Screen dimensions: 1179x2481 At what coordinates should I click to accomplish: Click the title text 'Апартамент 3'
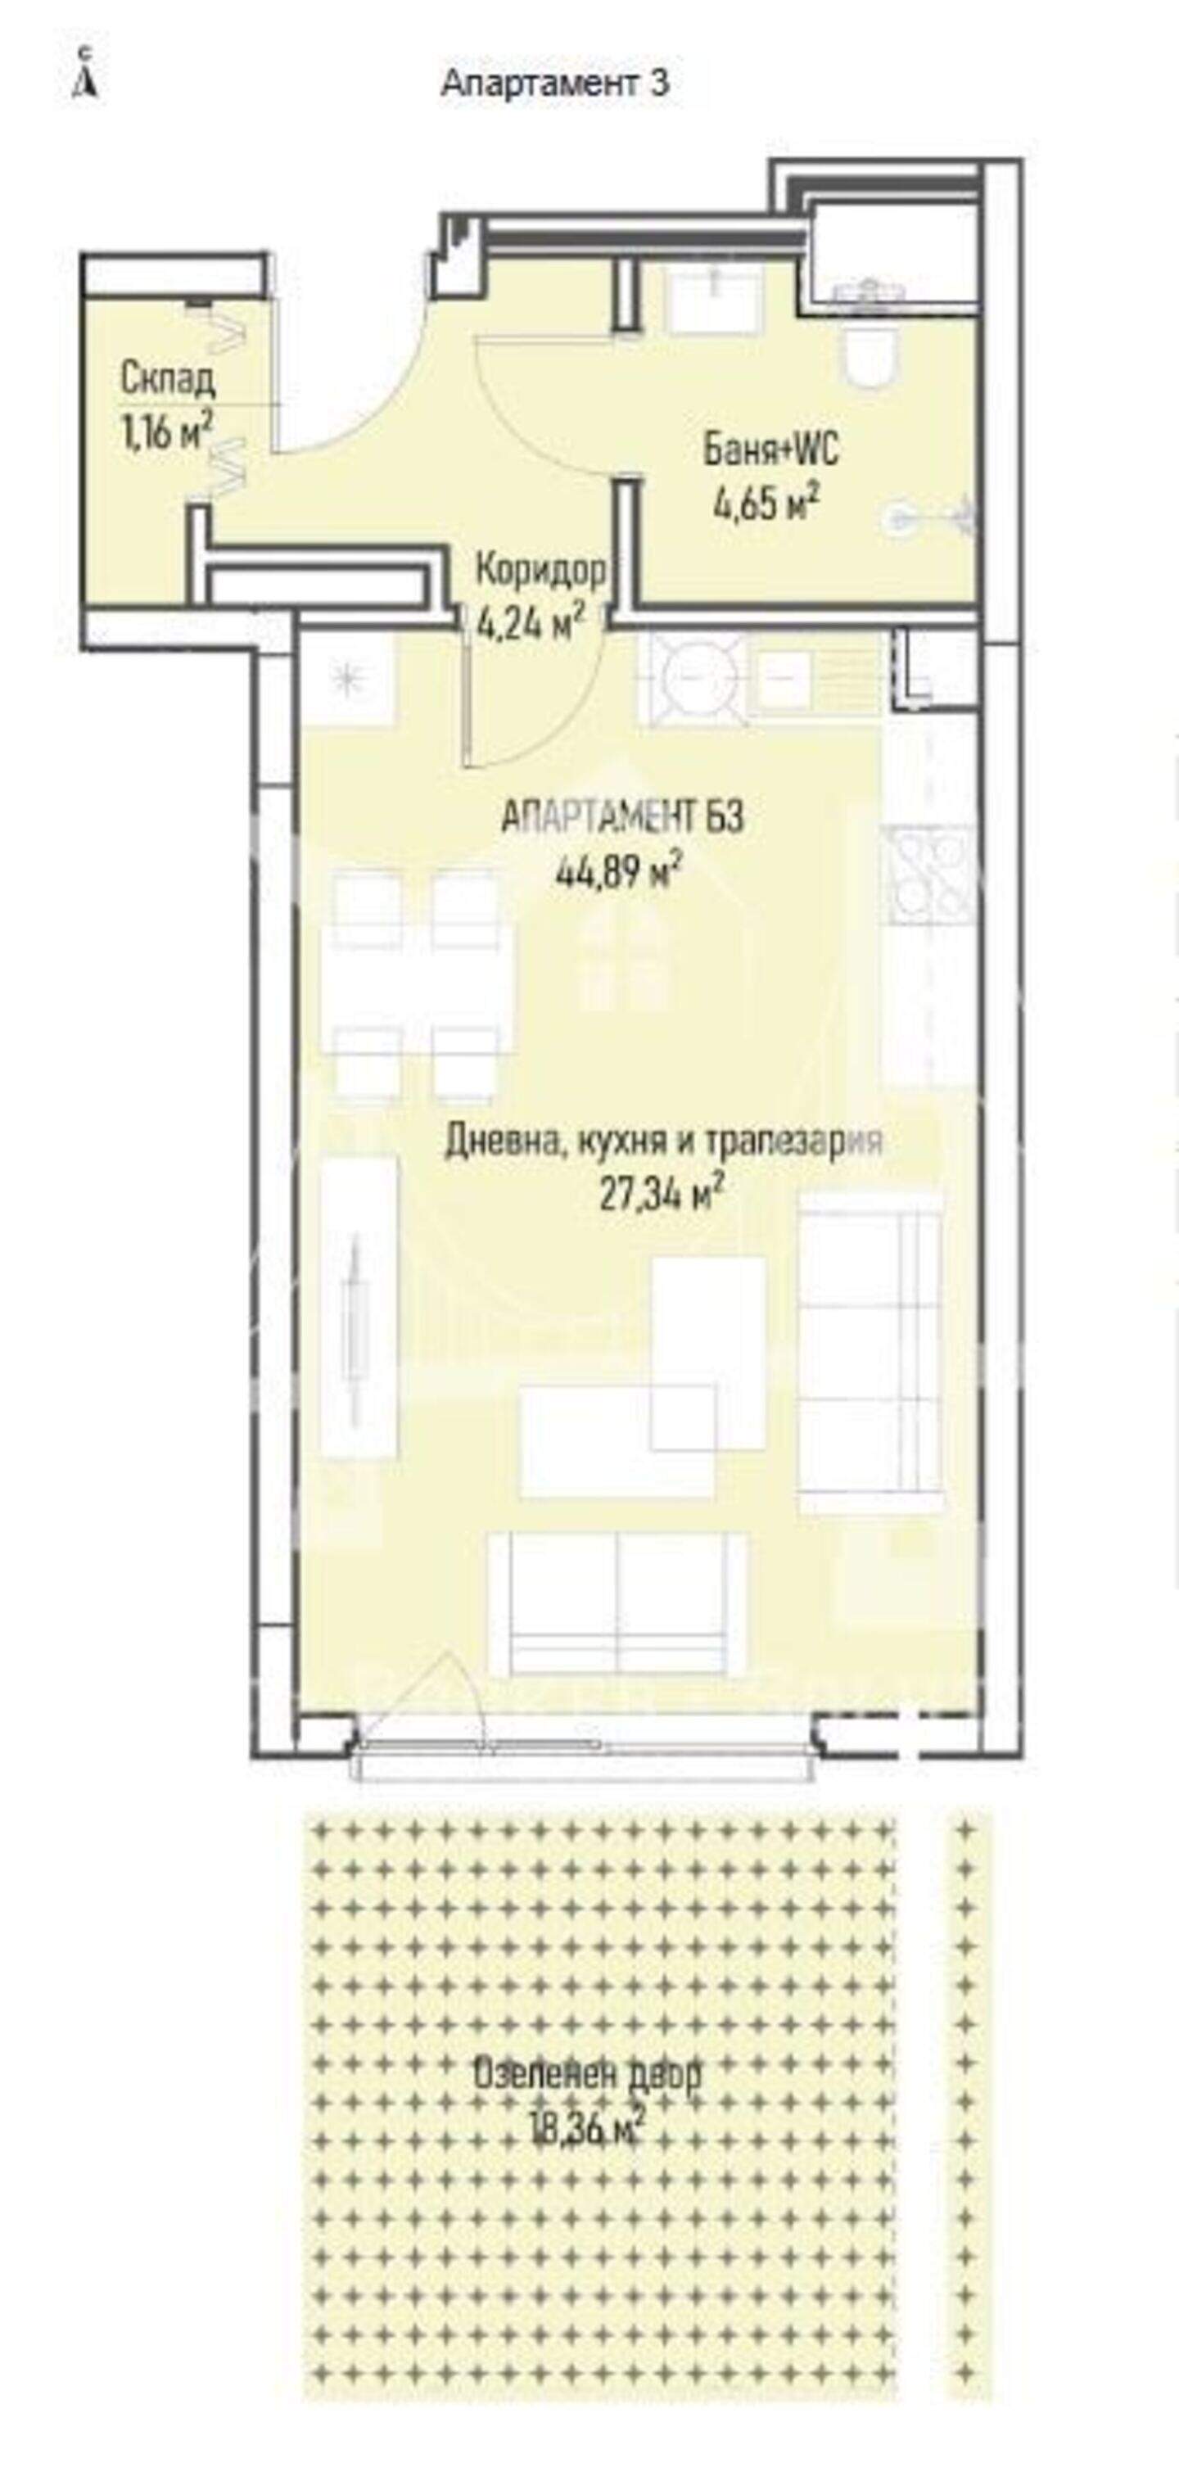pos(555,84)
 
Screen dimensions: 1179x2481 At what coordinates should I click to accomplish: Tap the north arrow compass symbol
pos(87,73)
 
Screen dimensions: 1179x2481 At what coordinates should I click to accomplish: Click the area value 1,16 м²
pos(165,432)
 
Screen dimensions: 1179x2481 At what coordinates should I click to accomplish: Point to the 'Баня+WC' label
pos(770,450)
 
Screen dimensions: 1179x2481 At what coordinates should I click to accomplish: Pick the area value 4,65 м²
pos(766,503)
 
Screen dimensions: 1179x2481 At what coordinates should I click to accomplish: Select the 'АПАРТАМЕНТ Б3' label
pos(622,819)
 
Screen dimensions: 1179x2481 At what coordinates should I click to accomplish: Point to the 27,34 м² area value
pos(662,1196)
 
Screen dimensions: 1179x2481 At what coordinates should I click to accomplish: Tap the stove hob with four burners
pos(930,876)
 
